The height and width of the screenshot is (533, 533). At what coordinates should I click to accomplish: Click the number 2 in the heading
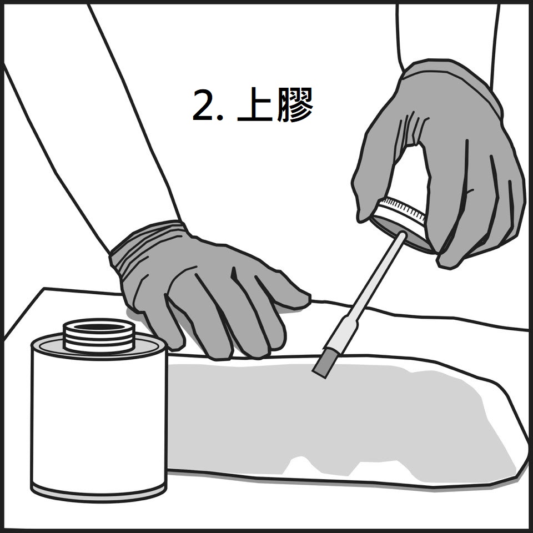point(203,104)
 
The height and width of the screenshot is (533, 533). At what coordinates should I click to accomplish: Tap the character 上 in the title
point(255,104)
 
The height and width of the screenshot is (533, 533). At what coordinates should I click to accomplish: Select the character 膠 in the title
point(295,104)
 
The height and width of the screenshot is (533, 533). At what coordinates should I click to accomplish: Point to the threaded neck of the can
point(99,336)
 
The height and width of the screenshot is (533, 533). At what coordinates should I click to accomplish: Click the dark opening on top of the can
point(99,327)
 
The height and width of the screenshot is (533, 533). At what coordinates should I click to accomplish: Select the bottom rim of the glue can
point(99,493)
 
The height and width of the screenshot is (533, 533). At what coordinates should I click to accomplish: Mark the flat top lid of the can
point(99,345)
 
